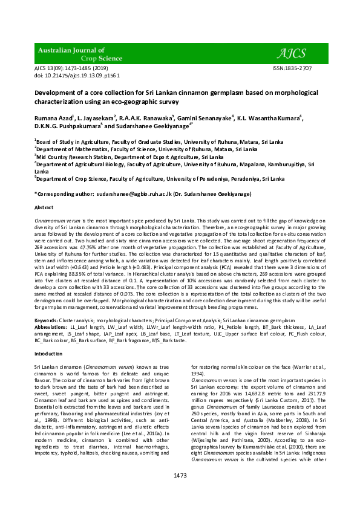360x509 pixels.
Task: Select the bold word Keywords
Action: [47, 320]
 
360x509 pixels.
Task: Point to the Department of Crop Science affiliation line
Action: [160, 179]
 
